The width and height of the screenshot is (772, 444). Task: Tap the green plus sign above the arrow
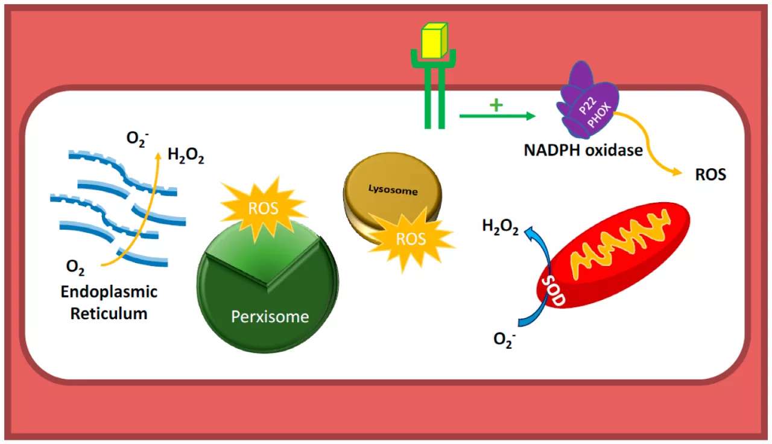(x=496, y=106)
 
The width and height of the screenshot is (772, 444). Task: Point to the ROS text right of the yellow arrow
(x=710, y=176)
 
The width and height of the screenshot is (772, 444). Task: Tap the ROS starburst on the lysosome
(x=411, y=239)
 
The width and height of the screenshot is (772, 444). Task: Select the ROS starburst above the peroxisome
(x=264, y=209)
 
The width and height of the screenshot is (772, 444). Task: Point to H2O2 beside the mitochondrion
(x=500, y=227)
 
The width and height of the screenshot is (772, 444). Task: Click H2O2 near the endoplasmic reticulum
(x=186, y=158)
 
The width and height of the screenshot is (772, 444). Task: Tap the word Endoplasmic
(x=109, y=292)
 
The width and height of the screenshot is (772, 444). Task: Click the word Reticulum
(x=109, y=313)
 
